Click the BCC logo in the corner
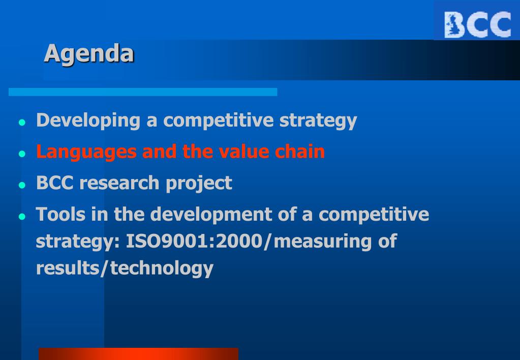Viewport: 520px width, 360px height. coord(477,24)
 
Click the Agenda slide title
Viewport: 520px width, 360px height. coord(89,53)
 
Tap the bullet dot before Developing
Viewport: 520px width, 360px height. coord(22,123)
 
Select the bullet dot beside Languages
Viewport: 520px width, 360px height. coord(22,154)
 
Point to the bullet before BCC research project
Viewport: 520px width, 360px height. coord(22,185)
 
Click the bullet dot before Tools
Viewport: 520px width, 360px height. coord(22,217)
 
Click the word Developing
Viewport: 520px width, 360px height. coord(88,121)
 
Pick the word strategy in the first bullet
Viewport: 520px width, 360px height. coord(318,121)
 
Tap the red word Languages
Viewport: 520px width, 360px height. coord(86,152)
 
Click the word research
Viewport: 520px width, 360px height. coord(119,183)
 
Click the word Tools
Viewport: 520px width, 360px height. coord(60,214)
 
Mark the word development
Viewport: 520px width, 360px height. coord(211,215)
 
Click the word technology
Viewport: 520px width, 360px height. coord(162,268)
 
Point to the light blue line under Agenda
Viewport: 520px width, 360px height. coord(143,92)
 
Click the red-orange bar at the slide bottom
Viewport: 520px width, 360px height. coord(139,354)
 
